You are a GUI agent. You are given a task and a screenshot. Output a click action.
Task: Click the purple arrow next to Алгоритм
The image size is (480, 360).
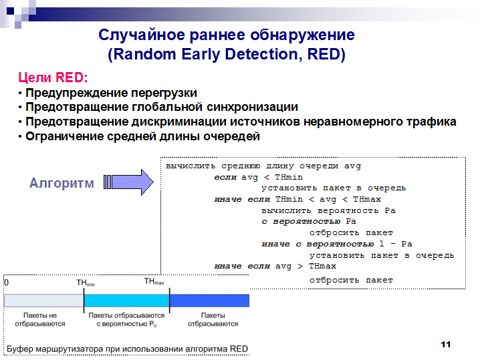coord(128,182)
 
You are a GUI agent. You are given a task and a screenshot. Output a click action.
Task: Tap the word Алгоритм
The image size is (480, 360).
coord(62,183)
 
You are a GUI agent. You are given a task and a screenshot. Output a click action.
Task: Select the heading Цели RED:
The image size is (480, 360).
coord(53,77)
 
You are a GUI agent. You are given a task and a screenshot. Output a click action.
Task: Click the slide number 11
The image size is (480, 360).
coord(446,345)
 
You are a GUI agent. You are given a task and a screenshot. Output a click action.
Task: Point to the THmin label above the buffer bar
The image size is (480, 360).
coord(86,283)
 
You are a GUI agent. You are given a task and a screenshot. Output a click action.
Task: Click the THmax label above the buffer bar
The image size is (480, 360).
coord(154,281)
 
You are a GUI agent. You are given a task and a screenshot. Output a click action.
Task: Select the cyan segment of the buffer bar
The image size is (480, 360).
coord(126,301)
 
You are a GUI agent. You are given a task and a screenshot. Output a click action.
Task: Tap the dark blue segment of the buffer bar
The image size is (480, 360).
coord(209,301)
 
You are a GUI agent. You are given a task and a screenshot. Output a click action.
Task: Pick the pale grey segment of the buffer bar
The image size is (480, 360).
coord(43,301)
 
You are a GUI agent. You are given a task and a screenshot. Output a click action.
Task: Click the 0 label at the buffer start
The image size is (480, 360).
coord(7,283)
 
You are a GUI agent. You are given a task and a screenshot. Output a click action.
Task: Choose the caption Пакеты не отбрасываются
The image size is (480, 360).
coord(40,320)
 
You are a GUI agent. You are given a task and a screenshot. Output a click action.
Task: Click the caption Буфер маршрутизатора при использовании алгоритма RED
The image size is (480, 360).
coord(127,349)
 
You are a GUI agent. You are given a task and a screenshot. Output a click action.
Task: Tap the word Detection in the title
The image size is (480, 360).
coord(261,54)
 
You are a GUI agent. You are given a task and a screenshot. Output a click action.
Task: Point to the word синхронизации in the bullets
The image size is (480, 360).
coord(252,107)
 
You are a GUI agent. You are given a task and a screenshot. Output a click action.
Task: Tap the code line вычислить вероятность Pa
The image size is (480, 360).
coord(328,210)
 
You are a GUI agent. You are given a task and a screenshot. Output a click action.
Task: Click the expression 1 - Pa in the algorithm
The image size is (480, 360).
coord(396,244)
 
